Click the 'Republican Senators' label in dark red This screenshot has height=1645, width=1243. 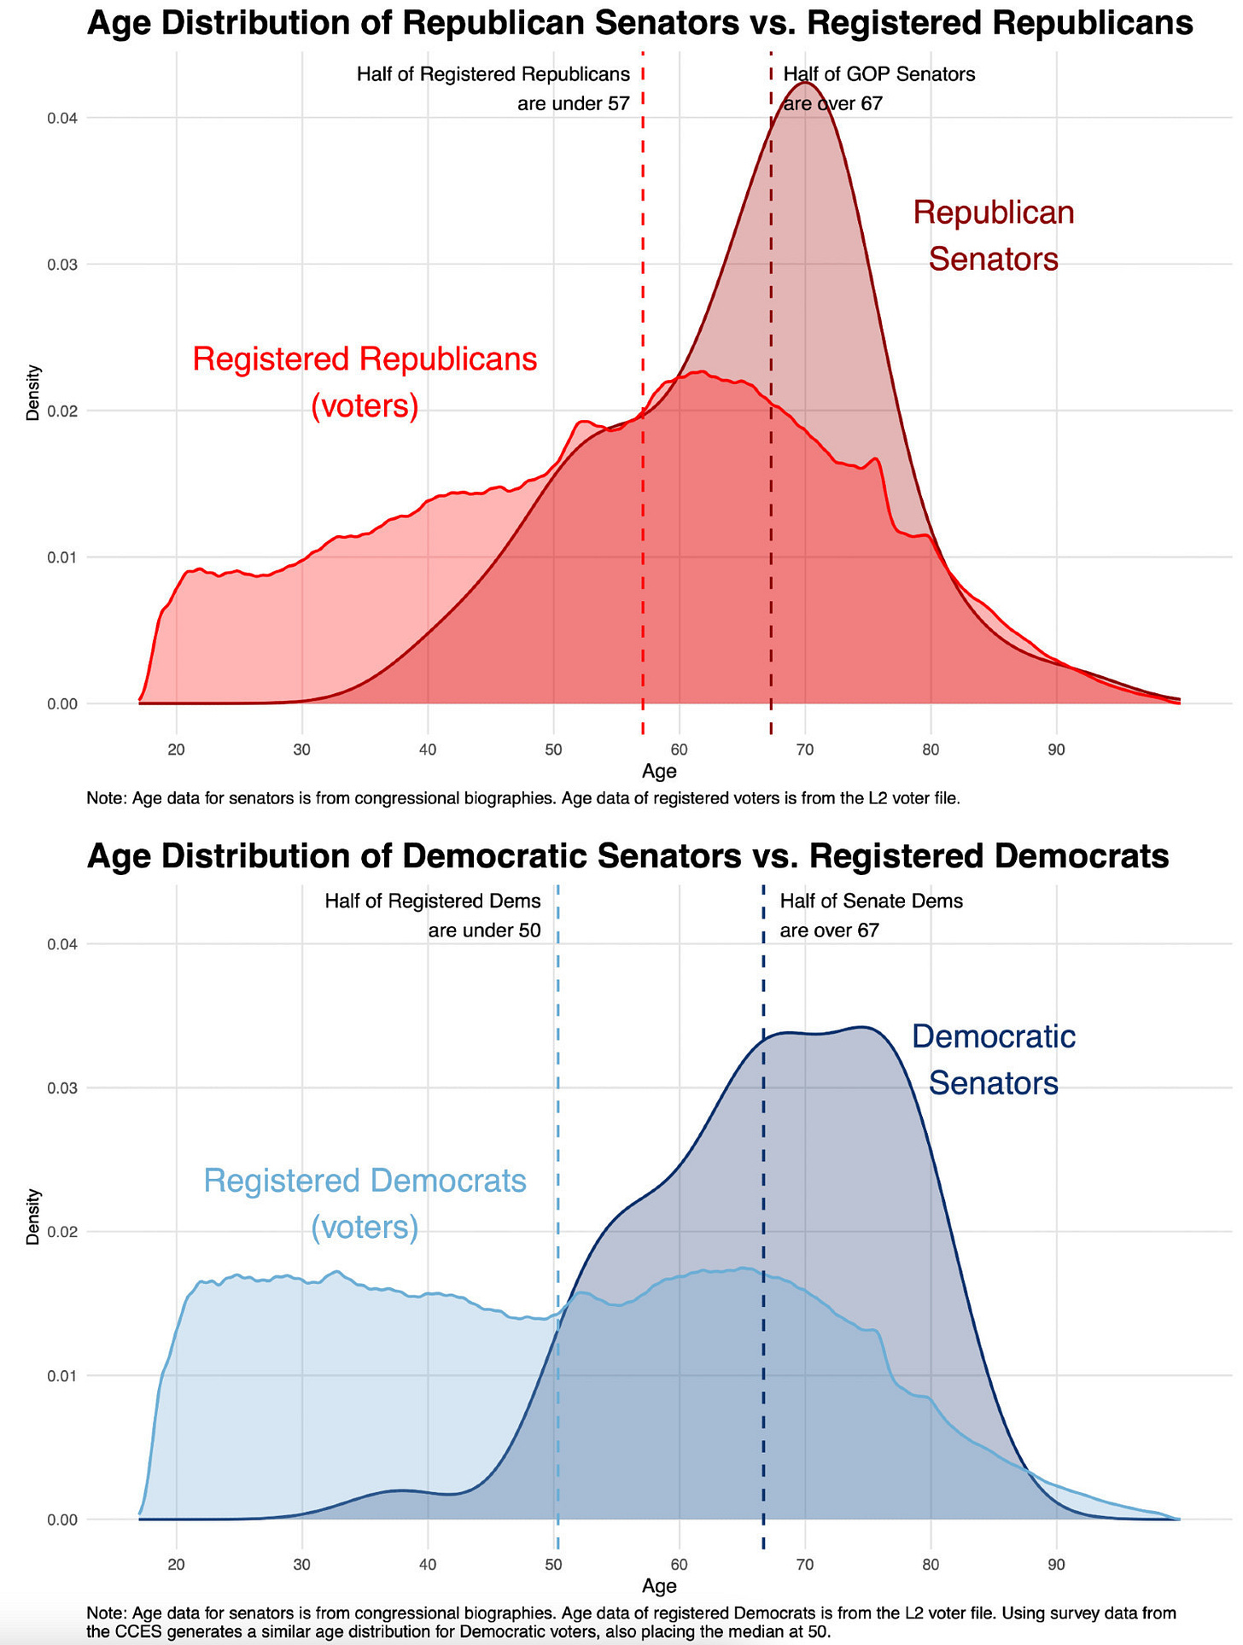[x=993, y=236]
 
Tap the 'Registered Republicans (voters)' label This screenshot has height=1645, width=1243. [x=365, y=382]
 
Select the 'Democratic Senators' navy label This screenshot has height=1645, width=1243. [x=993, y=1059]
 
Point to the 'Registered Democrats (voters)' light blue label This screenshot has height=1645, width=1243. [x=365, y=1204]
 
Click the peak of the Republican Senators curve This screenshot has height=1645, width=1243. [x=805, y=84]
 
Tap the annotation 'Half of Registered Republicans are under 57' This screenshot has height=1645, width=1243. [x=493, y=89]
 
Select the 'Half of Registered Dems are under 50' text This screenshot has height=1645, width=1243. [x=433, y=915]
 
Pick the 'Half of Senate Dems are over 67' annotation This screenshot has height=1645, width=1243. [x=871, y=915]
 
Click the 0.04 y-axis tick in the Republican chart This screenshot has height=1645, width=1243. [x=62, y=118]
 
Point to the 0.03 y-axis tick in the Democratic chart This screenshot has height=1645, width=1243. [x=62, y=1088]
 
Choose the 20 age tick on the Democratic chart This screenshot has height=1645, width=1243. [x=176, y=1565]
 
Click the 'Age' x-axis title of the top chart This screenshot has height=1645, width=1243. [x=659, y=772]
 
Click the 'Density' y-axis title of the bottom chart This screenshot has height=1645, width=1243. [x=33, y=1216]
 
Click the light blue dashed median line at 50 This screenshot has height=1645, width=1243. [x=557, y=1110]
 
